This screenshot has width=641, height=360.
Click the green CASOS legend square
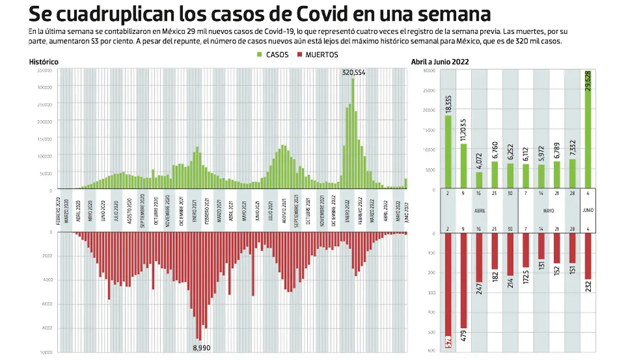(x=260, y=54)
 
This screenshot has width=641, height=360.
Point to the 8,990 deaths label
(x=202, y=347)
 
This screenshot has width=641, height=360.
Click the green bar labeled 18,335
(x=448, y=152)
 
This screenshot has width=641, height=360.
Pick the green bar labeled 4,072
(x=479, y=179)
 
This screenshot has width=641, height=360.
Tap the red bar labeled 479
(x=464, y=280)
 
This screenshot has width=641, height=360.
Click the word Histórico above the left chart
(x=44, y=62)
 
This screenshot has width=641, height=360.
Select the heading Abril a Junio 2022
(x=440, y=62)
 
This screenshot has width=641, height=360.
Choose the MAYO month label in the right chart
(x=549, y=210)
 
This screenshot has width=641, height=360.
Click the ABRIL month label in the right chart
(x=479, y=210)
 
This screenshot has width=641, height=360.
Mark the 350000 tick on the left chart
(x=45, y=71)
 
